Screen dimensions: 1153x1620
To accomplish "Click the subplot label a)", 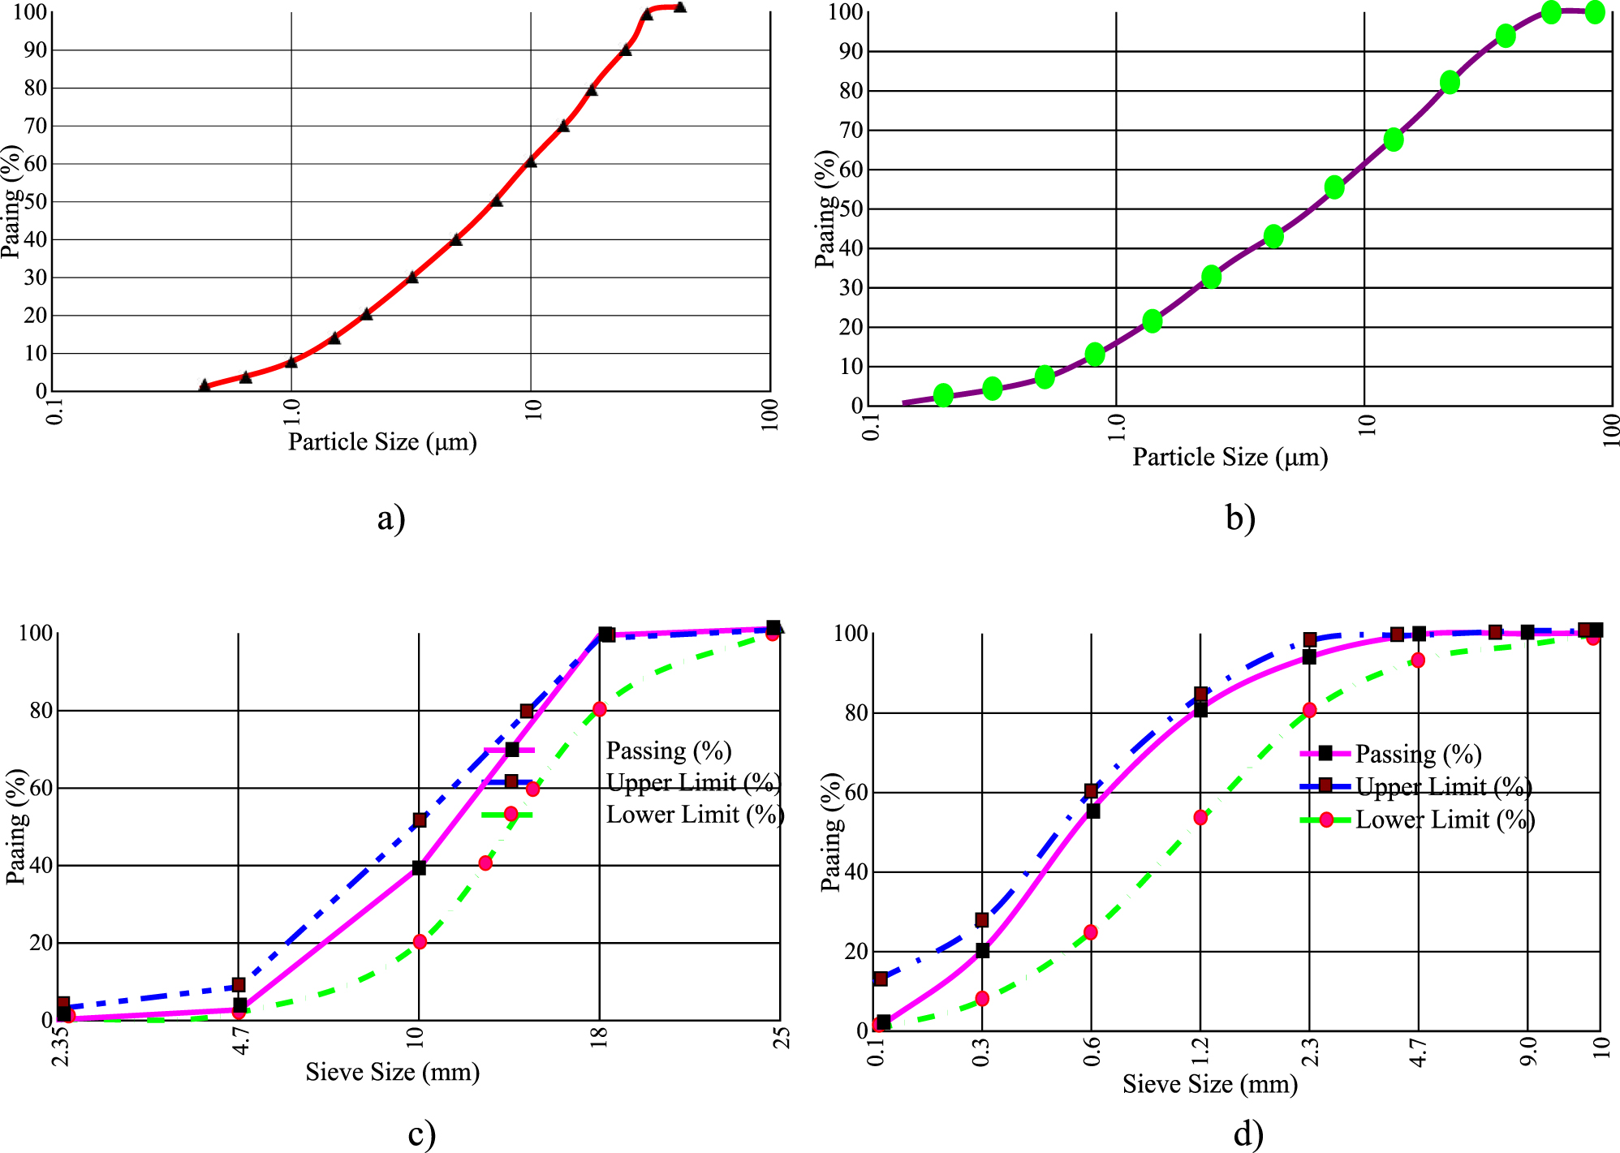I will pyautogui.click(x=390, y=518).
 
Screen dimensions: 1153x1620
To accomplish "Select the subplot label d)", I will pyautogui.click(x=1247, y=1134).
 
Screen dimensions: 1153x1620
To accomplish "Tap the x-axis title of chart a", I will pyautogui.click(x=382, y=442).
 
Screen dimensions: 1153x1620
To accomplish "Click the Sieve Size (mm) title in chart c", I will pyautogui.click(x=392, y=1073).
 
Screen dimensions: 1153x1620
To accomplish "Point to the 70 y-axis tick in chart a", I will pyautogui.click(x=36, y=126).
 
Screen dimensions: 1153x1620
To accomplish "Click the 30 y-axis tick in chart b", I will pyautogui.click(x=851, y=288).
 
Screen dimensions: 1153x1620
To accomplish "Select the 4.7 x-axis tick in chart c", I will pyautogui.click(x=240, y=1039).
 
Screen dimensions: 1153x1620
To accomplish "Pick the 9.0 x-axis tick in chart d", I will pyautogui.click(x=1528, y=1052).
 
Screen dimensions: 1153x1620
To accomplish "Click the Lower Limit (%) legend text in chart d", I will pyautogui.click(x=1445, y=820).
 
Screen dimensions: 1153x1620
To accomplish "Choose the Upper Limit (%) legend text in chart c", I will pyautogui.click(x=693, y=783).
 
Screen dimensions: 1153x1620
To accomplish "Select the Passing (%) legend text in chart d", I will pyautogui.click(x=1418, y=755).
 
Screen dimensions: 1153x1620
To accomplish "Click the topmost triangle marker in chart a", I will pyautogui.click(x=680, y=7).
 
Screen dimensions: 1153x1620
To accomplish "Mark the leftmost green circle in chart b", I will pyautogui.click(x=943, y=395).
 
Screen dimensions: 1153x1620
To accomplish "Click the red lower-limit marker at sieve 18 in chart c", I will pyautogui.click(x=600, y=709).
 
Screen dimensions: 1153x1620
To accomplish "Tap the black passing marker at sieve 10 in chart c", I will pyautogui.click(x=419, y=868).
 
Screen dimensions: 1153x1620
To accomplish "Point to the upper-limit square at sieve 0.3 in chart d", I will pyautogui.click(x=982, y=920).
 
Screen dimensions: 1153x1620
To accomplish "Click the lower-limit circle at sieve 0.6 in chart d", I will pyautogui.click(x=1091, y=932).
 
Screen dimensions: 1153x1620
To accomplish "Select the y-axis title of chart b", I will pyautogui.click(x=825, y=209).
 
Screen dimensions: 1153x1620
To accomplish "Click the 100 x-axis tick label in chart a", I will pyautogui.click(x=770, y=415).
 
